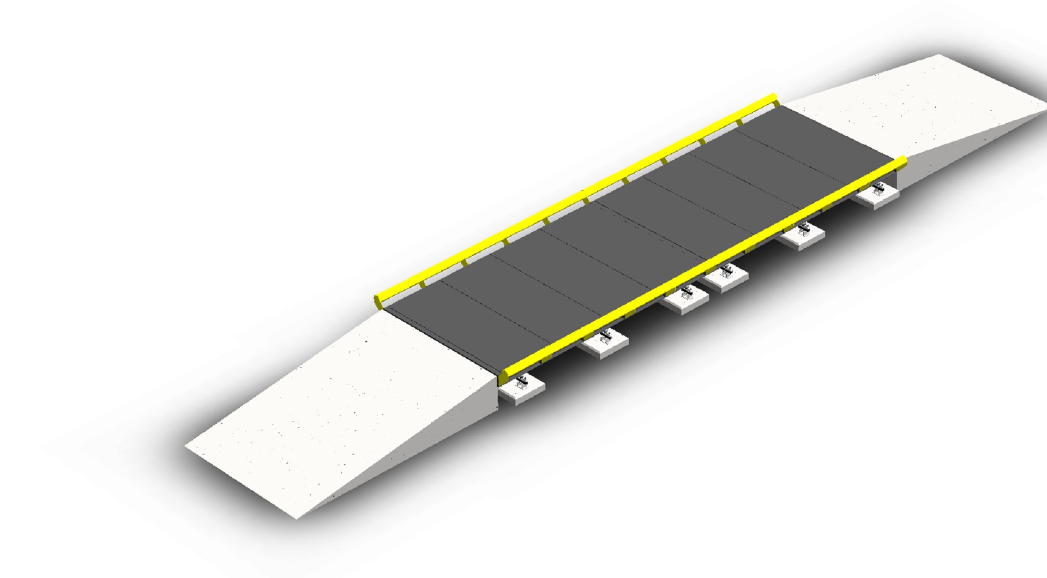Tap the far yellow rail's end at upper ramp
click(x=773, y=98)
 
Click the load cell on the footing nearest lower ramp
click(x=522, y=382)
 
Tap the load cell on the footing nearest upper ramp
click(x=877, y=190)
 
